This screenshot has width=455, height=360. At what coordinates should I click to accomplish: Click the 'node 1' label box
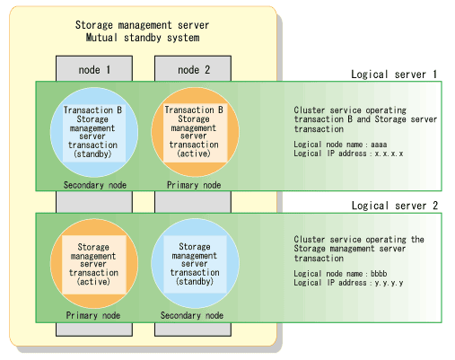tap(94, 68)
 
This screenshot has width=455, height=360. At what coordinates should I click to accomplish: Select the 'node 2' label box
tap(193, 68)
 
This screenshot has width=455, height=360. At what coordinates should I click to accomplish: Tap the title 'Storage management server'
tap(142, 25)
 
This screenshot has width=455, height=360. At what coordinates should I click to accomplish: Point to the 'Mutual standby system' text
tap(143, 38)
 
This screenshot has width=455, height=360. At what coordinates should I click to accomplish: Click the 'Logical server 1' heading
tap(394, 75)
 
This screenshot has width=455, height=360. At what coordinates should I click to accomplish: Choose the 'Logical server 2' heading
tap(395, 206)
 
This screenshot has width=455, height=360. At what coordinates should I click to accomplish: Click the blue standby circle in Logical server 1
tap(94, 132)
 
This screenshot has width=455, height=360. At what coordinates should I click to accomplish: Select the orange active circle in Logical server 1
tap(196, 132)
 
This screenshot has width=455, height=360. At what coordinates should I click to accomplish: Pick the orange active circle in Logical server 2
tap(94, 263)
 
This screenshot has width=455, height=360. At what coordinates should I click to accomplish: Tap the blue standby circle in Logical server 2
tap(196, 263)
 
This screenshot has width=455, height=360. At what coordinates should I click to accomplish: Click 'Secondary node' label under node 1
tap(95, 185)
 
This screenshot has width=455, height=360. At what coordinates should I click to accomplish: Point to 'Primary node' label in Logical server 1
tap(194, 185)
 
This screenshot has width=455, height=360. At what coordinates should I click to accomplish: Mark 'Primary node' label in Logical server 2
tap(93, 315)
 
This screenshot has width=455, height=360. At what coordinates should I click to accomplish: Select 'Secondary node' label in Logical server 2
tap(192, 315)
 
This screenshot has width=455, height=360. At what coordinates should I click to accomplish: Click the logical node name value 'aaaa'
tap(379, 145)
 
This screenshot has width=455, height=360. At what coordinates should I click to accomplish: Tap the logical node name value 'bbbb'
tap(379, 274)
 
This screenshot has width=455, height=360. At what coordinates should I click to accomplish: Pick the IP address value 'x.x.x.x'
tap(389, 154)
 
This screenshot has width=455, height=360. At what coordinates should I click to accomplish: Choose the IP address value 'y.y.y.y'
tap(389, 283)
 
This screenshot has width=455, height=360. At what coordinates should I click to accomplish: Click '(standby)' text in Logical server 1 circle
tap(92, 154)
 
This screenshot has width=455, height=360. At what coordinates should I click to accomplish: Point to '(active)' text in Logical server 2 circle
tap(93, 282)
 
